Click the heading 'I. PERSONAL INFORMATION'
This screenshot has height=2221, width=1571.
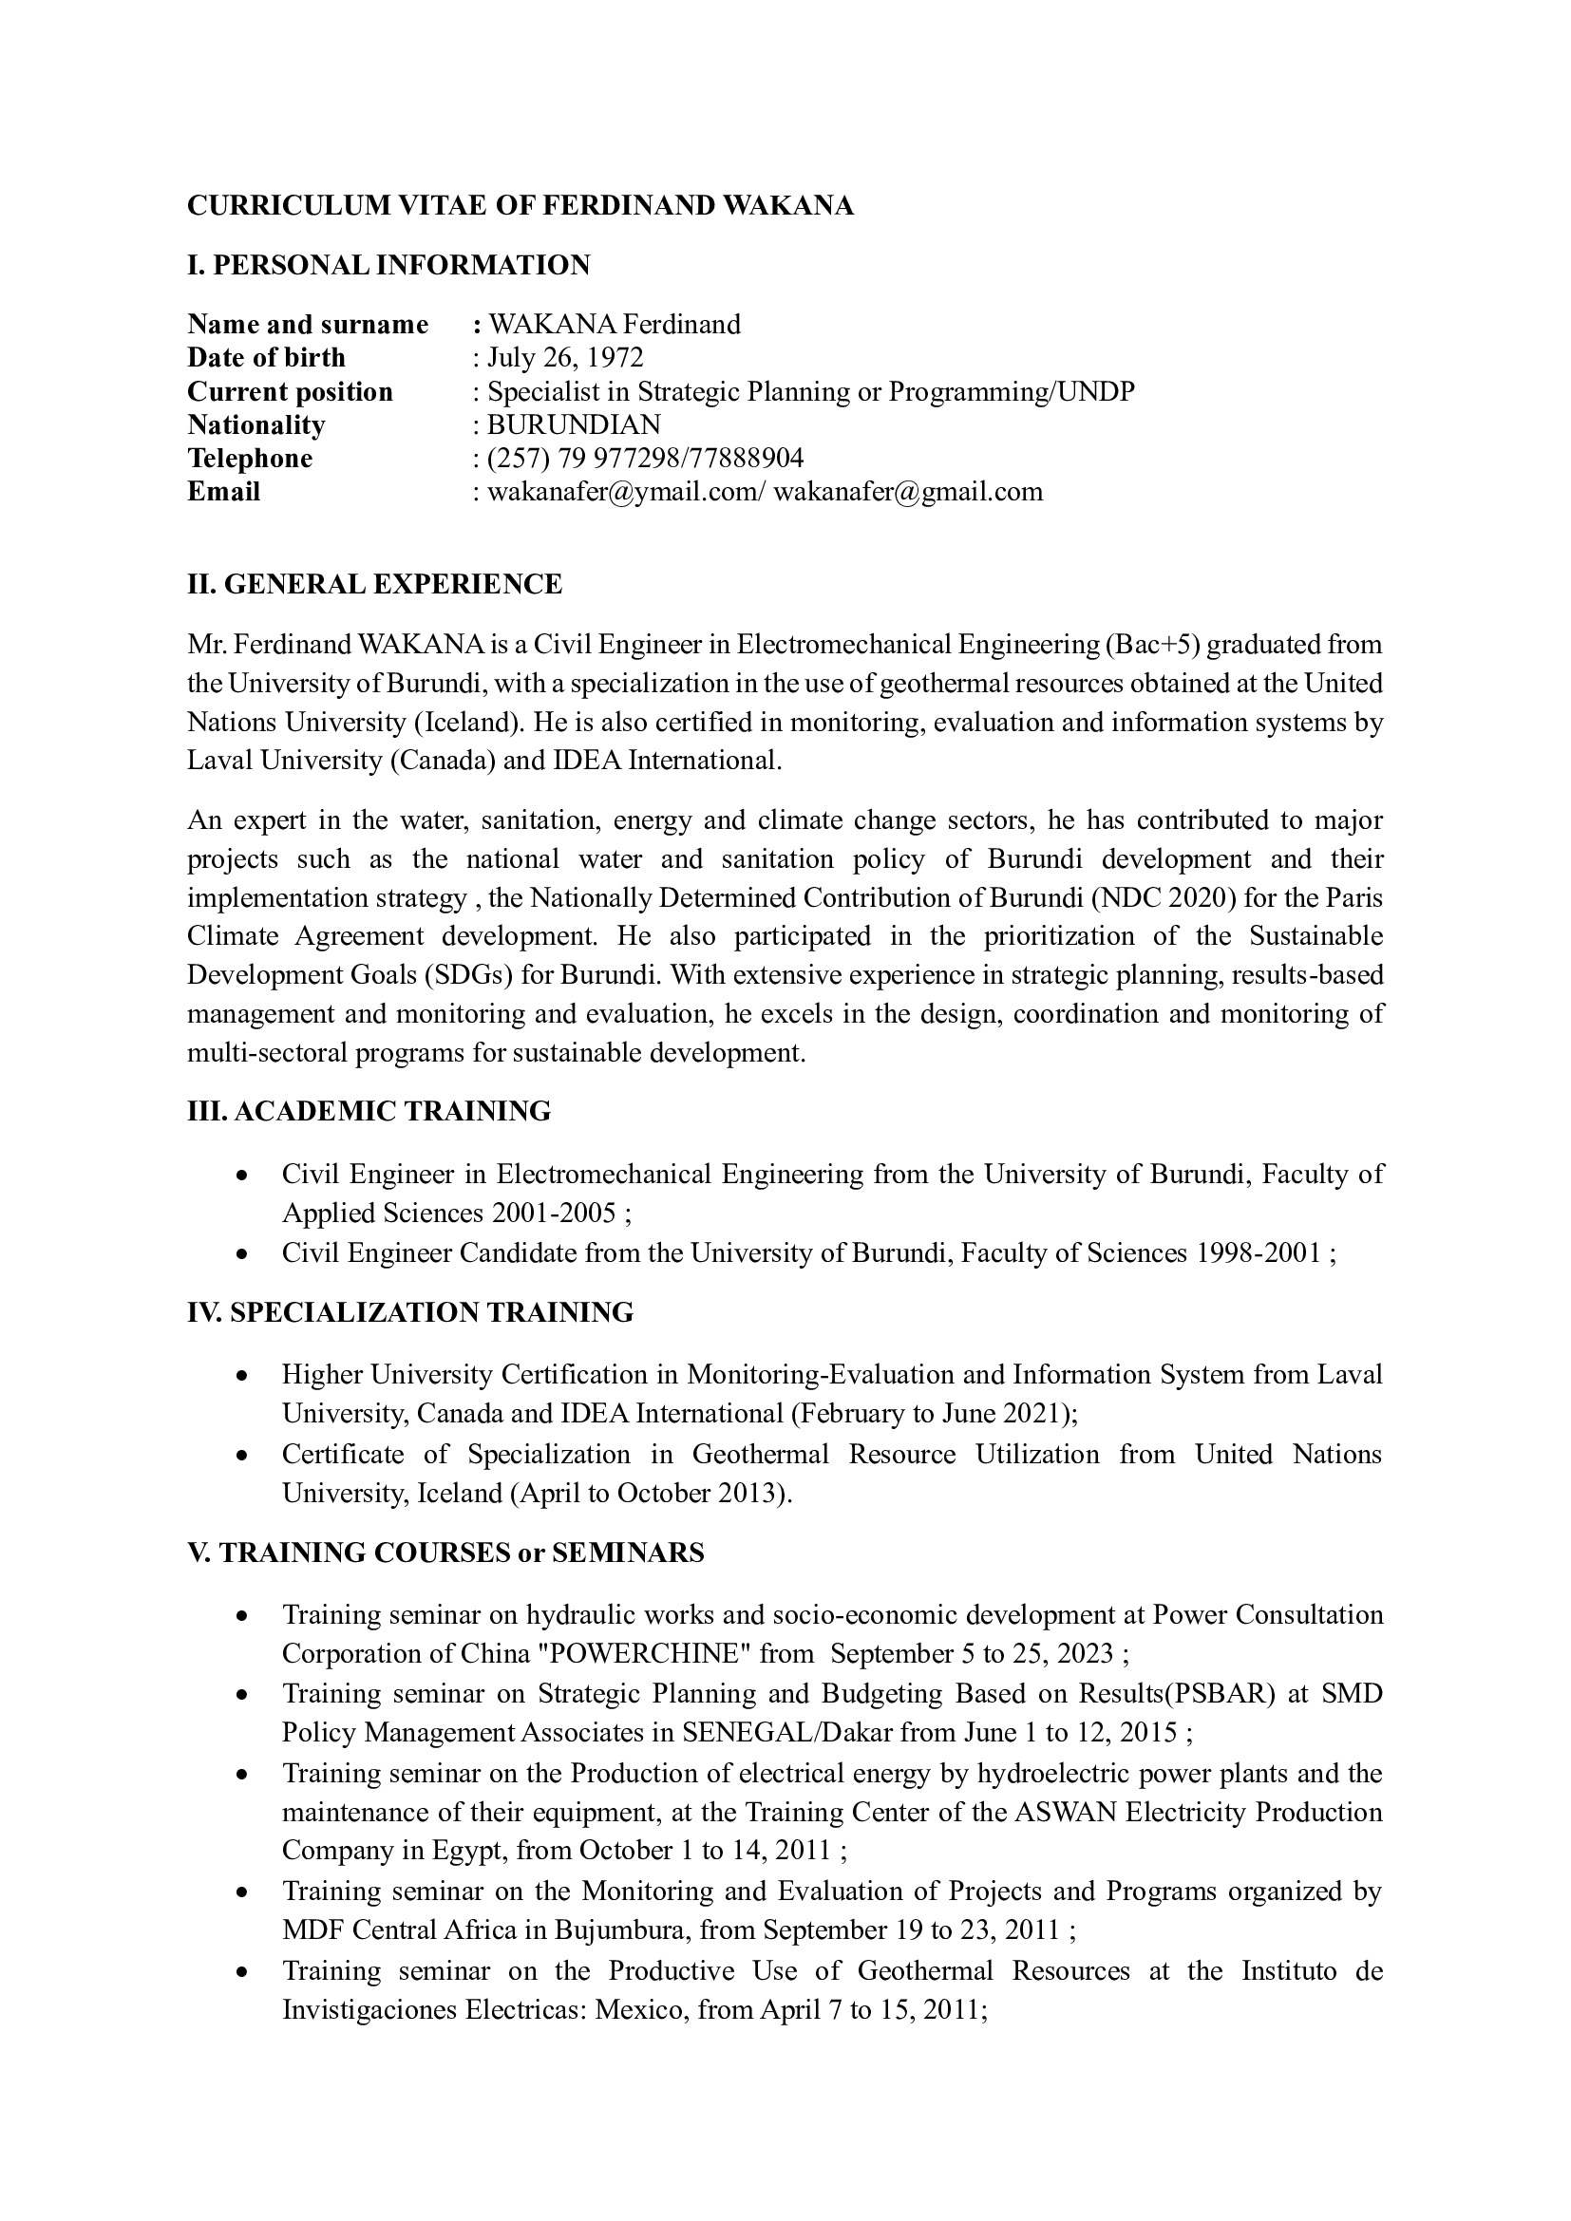point(388,265)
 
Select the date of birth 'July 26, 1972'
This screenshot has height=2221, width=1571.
point(565,357)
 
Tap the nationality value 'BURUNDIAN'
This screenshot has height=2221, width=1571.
point(574,424)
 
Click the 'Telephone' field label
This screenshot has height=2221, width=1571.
point(250,458)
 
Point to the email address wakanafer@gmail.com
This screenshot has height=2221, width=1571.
point(908,492)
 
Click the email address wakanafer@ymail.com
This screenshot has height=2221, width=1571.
point(625,492)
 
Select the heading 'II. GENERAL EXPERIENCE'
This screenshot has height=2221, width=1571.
point(374,584)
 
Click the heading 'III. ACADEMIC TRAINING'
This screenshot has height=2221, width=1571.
point(369,1112)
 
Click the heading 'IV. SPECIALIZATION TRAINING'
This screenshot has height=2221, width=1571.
point(410,1312)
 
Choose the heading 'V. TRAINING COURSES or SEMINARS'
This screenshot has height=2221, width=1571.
point(445,1553)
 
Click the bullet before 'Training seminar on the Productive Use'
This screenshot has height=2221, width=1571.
point(245,1972)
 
